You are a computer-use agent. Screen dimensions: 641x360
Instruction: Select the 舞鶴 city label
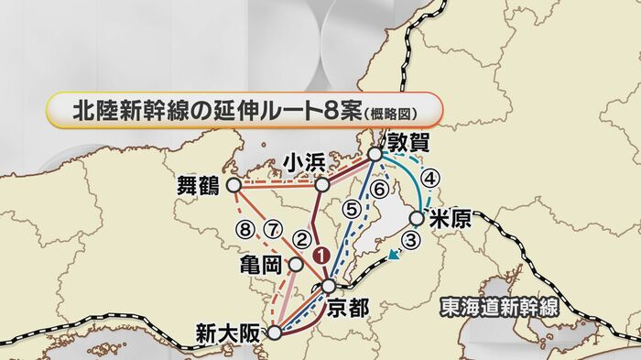(x=197, y=185)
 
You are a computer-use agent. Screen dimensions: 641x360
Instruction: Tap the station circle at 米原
(x=417, y=218)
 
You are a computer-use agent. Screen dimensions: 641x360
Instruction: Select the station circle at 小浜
(x=322, y=185)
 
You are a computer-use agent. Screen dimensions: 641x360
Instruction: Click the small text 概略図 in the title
(x=402, y=114)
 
